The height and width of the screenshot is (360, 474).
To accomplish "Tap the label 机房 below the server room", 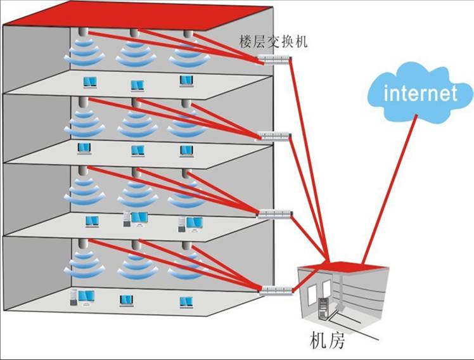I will point(327,341).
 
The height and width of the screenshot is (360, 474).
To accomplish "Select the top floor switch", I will point(274,60).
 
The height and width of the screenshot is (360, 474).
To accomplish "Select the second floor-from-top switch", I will point(274,136).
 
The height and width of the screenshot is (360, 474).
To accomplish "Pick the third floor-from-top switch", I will point(274,214).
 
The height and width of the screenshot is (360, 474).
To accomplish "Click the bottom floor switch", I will point(275,291).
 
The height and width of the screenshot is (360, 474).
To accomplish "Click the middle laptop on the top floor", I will point(138,85).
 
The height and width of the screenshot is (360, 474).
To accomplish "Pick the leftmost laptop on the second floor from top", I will point(84,148).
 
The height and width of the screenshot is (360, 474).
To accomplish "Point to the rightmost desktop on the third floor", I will point(191,223).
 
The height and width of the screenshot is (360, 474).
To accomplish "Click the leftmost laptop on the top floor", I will point(91,82).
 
